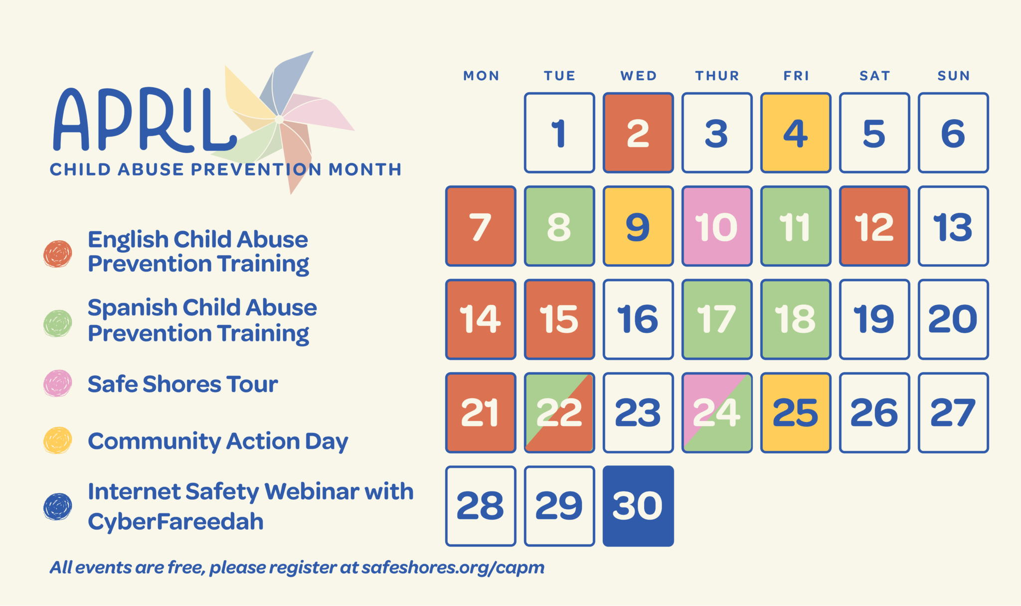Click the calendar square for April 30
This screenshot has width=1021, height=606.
[638, 506]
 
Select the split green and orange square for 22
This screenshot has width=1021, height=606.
[559, 413]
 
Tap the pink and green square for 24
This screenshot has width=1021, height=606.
[717, 413]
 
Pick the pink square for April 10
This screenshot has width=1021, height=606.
[717, 226]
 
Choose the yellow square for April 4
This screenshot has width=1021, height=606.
[796, 133]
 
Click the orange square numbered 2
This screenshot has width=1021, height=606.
[638, 133]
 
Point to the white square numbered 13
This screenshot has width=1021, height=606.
[953, 226]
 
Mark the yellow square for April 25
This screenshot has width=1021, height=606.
[796, 413]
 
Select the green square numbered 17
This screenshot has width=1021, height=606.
[717, 319]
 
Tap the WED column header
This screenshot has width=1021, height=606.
[638, 76]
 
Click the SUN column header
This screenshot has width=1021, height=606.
[953, 76]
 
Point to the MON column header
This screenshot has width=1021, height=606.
[481, 76]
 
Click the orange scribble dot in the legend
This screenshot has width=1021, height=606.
[58, 254]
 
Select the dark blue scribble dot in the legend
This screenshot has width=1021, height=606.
[58, 506]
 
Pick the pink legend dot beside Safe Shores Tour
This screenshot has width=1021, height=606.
[58, 383]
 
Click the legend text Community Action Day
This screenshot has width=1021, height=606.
[218, 442]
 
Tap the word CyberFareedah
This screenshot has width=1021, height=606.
[175, 522]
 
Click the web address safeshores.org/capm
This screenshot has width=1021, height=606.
[453, 568]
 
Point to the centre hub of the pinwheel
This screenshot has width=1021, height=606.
[279, 120]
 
